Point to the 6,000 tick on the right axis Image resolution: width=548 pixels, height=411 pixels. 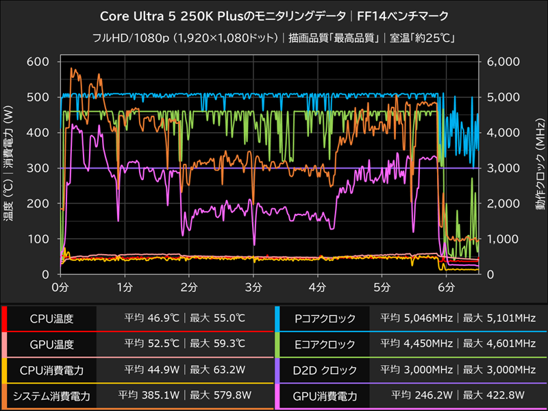click(x=504, y=62)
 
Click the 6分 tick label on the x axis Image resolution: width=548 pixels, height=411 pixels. click(x=447, y=286)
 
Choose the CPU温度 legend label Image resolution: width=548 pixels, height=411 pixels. click(x=51, y=319)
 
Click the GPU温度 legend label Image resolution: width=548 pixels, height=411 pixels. click(x=51, y=345)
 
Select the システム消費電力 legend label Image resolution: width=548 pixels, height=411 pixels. click(x=51, y=396)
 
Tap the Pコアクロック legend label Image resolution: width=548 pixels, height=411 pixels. click(x=325, y=319)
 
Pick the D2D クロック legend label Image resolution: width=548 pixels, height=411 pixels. click(x=325, y=371)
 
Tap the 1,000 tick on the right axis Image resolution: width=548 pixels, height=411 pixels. click(x=504, y=239)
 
